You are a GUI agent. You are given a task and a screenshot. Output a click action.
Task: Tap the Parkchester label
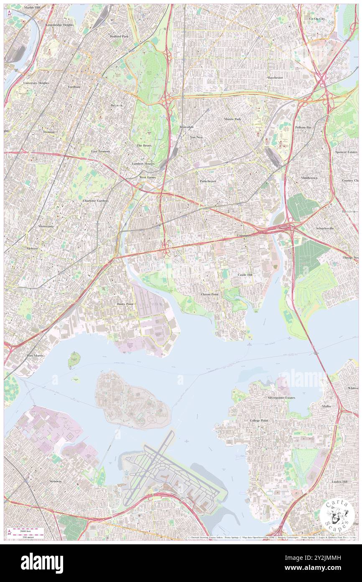[x=208, y=181]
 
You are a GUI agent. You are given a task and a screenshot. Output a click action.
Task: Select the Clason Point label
[x=209, y=294]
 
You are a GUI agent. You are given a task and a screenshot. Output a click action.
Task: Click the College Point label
[x=259, y=420]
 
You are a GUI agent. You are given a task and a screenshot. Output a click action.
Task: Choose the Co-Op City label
[x=317, y=19]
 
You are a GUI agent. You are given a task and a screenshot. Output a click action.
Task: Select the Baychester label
[x=275, y=77]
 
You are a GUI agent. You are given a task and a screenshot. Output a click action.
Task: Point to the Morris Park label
[x=232, y=119]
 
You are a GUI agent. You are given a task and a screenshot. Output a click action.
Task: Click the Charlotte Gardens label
[x=96, y=201]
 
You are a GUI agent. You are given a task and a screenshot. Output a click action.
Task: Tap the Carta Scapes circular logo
[x=337, y=515]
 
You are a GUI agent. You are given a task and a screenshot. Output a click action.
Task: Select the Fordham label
[x=74, y=87]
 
